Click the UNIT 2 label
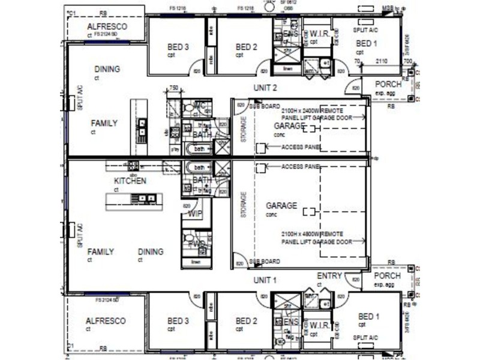(265, 88)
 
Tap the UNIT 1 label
(265, 280)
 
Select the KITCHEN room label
(130, 180)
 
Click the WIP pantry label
(196, 214)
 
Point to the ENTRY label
(329, 276)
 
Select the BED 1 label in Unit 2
(367, 43)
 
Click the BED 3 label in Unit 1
(178, 322)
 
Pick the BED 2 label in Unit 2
(247, 47)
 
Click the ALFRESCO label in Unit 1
(106, 321)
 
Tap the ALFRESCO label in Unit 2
(106, 27)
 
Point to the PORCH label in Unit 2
(387, 85)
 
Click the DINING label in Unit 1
(151, 252)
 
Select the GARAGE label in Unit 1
(281, 206)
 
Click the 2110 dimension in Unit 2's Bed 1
(382, 62)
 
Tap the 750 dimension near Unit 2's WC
(174, 88)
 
